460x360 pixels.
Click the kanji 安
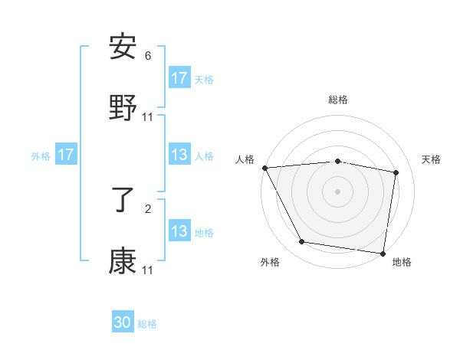pos(123,47)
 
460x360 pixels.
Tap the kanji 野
pos(123,109)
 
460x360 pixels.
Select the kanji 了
pos(123,201)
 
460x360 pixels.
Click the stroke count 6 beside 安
pos(148,56)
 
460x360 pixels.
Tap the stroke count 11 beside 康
pos(148,270)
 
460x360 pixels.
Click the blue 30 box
pos(123,322)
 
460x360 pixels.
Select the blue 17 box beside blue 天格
pos(179,78)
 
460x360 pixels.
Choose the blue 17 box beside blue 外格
pos(66,155)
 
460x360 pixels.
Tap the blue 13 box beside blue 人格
pos(179,155)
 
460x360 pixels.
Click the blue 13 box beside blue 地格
pos(179,231)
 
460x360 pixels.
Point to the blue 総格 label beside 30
pos(147,324)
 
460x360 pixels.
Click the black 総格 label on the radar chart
pos(338,100)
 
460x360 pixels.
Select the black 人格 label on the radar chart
pos(245,159)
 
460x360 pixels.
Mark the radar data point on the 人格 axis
pos(264,168)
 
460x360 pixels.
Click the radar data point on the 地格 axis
pos(383,253)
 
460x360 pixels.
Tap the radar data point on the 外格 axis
pos(302,242)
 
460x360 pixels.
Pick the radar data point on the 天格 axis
pos(396,172)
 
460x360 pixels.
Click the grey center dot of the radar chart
pos(338,191)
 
